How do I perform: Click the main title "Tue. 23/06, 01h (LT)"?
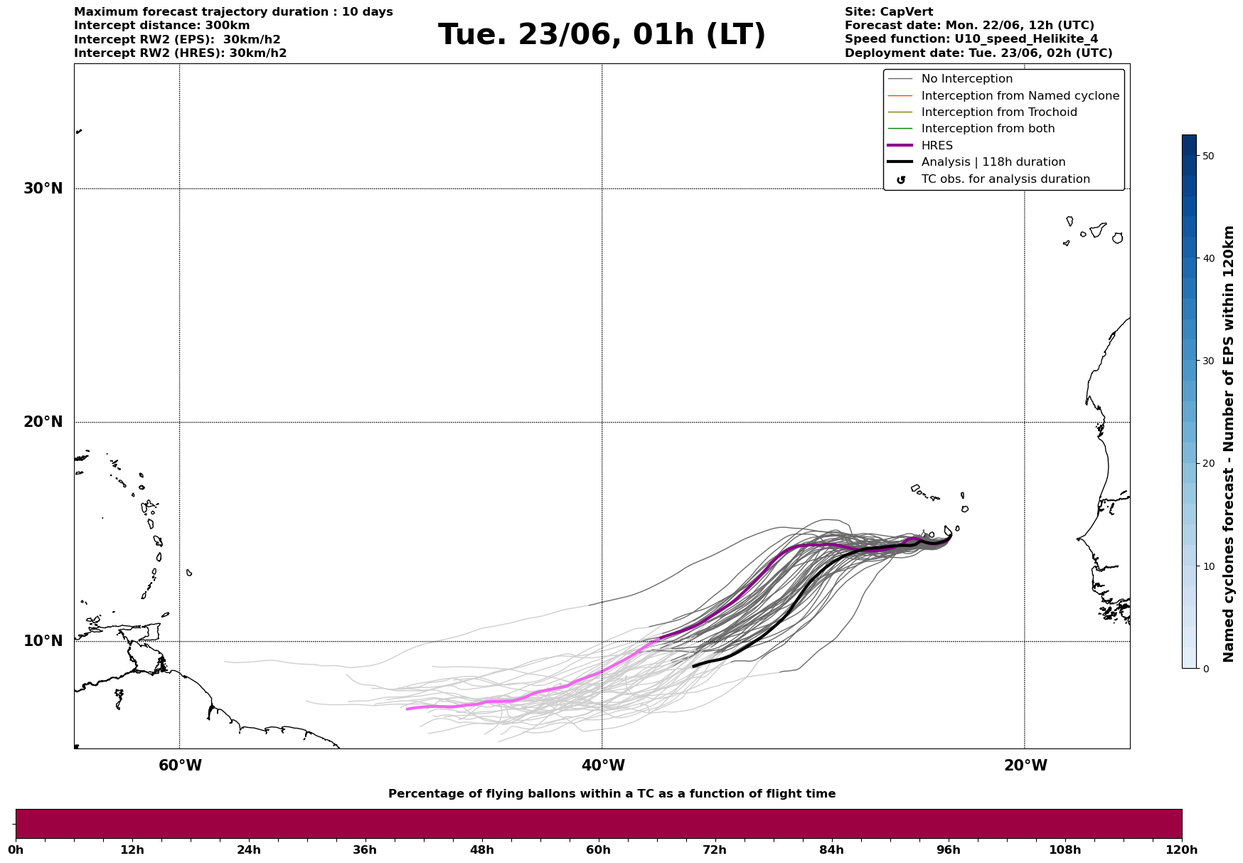click(x=602, y=35)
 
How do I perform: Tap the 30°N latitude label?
click(x=43, y=189)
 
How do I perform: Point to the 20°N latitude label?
click(x=43, y=422)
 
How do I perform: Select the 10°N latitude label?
click(x=43, y=641)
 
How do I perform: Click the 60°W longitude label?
click(x=180, y=766)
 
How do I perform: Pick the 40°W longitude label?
click(x=603, y=766)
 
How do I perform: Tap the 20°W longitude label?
click(x=1025, y=766)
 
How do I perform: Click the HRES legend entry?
click(x=937, y=146)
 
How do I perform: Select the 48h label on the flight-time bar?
click(x=481, y=849)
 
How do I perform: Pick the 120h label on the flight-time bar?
click(x=1182, y=849)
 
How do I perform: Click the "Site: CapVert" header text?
click(x=889, y=12)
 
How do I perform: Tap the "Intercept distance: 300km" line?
click(x=162, y=26)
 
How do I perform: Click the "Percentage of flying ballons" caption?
click(x=612, y=794)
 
